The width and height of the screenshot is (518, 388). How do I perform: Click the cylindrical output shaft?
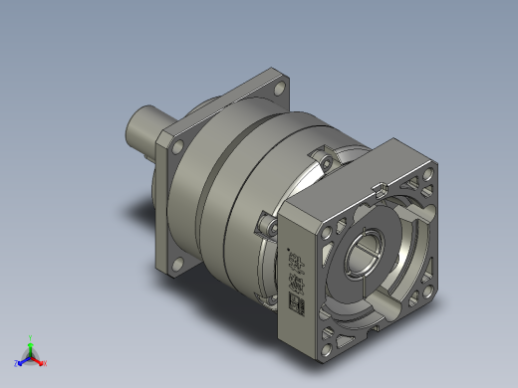[147, 126]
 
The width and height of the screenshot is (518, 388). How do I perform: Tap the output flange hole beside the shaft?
[177, 147]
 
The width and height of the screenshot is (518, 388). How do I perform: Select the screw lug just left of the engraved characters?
[264, 226]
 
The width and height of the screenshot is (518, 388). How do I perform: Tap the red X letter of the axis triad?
[45, 363]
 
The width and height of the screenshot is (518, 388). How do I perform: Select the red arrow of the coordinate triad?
[39, 359]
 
